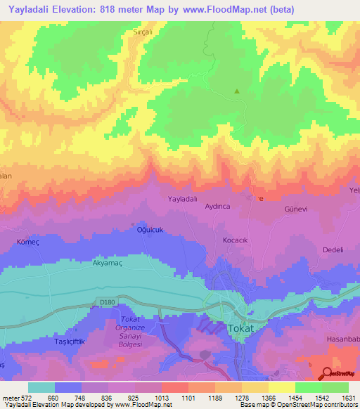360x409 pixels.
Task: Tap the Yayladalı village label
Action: (182, 200)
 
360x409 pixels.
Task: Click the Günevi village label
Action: (295, 209)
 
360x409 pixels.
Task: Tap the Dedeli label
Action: (333, 250)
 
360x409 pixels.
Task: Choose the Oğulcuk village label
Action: (149, 229)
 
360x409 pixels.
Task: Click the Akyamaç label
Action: (108, 264)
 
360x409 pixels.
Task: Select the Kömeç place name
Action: (27, 241)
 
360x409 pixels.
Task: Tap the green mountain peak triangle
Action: (237, 91)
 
